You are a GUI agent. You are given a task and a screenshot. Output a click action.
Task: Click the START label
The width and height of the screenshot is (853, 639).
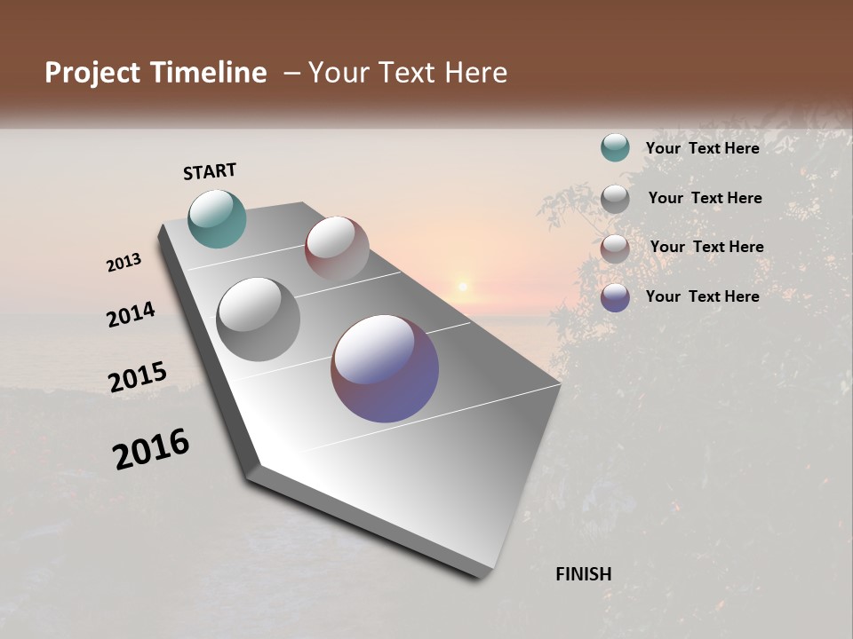pos(210,171)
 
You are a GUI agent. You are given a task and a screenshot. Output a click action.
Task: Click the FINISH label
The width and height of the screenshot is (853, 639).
pos(584,574)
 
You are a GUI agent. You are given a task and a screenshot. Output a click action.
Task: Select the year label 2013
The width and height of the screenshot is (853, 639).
pos(124,263)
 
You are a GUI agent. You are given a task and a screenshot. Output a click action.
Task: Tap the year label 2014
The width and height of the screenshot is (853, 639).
pos(132,314)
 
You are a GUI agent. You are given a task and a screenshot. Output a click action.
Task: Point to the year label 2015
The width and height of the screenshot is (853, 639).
pos(138,376)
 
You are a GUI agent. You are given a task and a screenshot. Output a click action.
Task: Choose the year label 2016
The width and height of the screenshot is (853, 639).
pos(151,449)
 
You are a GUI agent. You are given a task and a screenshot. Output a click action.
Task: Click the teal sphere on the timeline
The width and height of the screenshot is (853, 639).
pos(217,218)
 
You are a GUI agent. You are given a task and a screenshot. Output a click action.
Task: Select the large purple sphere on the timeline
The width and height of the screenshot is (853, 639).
pos(385,368)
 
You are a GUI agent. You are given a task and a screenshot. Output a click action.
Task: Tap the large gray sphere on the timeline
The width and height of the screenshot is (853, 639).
pos(258,319)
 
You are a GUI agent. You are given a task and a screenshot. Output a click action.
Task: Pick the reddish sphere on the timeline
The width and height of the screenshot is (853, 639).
pos(337,248)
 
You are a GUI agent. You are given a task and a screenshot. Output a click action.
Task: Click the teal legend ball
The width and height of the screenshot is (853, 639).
pos(615,148)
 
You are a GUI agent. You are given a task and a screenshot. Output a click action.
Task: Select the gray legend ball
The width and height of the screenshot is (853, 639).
pos(615,198)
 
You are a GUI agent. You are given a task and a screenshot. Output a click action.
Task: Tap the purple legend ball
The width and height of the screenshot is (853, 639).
pos(615,296)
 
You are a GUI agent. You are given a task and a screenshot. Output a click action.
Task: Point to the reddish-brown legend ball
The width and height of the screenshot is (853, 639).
pos(615,248)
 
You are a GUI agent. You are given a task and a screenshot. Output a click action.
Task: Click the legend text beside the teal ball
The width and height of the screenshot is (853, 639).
pos(702,148)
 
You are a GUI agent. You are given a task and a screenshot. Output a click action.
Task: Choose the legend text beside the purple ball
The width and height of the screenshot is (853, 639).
pos(702,296)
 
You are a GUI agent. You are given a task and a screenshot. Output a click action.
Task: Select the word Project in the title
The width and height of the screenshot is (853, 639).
pos(93,73)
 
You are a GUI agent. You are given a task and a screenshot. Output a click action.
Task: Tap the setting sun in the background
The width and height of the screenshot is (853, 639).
pos(462,286)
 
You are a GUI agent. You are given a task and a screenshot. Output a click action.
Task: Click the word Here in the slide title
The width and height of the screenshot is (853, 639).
pos(475,73)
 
